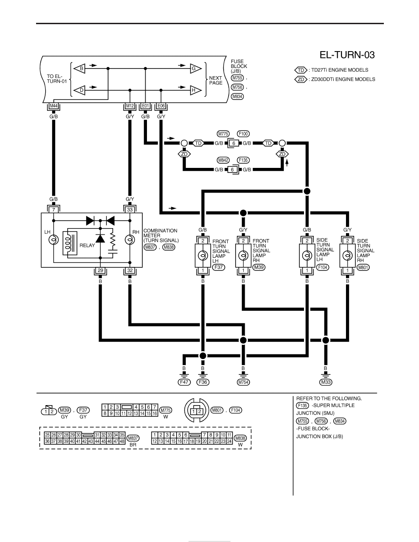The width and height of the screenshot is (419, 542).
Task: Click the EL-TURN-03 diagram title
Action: pos(347,55)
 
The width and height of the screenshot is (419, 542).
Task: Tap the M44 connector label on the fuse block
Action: pos(53,106)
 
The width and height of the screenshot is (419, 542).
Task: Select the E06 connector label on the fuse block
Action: pos(161,106)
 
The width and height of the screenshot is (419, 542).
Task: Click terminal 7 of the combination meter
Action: pos(53,210)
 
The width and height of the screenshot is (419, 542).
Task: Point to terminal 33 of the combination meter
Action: pos(130,210)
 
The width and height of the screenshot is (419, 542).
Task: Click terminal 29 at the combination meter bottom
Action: pos(100,270)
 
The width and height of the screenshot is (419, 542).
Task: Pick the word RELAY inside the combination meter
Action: pos(87,245)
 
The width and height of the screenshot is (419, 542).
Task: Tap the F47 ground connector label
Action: pos(184,382)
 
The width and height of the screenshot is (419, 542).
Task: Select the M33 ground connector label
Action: pos(325,382)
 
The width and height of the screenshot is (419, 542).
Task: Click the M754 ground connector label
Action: pos(243,382)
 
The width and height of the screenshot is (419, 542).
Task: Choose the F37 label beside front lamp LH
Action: pos(219,267)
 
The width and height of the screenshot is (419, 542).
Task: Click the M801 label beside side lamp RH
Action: pos(363,267)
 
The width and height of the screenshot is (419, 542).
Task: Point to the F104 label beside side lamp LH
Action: pos(323,267)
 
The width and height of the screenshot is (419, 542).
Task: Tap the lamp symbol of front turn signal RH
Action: pos(243,256)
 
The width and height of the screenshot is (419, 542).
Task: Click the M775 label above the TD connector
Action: pos(223,134)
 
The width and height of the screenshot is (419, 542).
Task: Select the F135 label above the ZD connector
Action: pos(243,160)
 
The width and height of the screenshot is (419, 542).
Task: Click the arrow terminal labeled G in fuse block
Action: pos(195,68)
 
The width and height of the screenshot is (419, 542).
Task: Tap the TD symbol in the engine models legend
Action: pos(301,70)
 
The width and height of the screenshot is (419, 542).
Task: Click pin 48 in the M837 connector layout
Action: pos(122,441)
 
